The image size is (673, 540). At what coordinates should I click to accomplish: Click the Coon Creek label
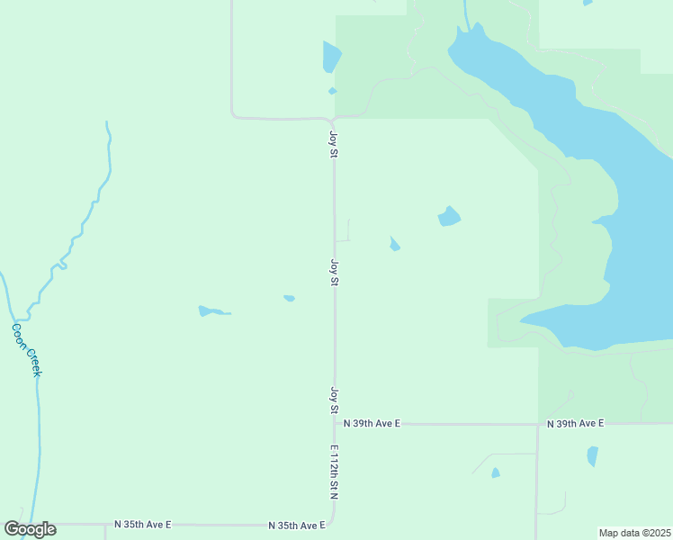point(26,349)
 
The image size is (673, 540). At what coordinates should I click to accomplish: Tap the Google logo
point(30,529)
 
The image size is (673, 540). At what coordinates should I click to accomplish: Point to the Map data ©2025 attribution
point(634,533)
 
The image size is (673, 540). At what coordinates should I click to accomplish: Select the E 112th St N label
point(333,472)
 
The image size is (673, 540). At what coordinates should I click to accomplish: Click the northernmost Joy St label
point(333,145)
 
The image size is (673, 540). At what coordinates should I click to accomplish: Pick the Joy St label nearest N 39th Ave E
point(333,400)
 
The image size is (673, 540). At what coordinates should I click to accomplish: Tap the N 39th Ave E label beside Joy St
point(372,423)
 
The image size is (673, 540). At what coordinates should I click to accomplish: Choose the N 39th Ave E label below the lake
point(576,423)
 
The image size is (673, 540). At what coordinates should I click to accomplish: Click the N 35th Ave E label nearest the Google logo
point(142,524)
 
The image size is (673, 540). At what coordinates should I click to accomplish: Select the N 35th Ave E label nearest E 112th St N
point(296,525)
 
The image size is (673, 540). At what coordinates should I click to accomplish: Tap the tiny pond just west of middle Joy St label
point(289,298)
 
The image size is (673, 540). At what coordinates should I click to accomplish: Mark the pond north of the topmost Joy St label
point(331,57)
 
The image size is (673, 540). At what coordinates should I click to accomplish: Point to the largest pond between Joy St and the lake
point(449,217)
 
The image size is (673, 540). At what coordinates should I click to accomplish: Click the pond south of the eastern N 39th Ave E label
point(592,456)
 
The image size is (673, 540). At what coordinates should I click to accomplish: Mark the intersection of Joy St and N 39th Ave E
point(335,423)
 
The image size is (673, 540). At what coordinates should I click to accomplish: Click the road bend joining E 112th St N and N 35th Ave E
point(332,520)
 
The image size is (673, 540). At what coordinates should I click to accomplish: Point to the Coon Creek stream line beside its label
point(38,396)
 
